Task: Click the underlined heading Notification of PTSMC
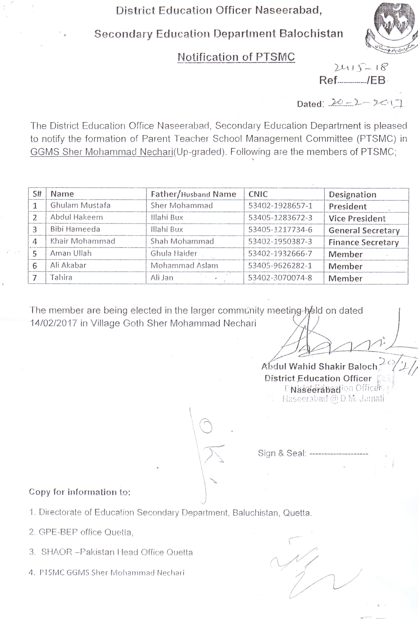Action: coord(236,57)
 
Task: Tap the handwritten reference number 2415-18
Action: coord(361,68)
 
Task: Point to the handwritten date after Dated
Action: coord(366,102)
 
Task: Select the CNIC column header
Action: coord(258,194)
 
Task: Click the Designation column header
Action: coord(352,194)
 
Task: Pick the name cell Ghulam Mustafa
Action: coord(80,205)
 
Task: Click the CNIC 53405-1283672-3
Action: coord(280,218)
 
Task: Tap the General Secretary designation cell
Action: coord(364,230)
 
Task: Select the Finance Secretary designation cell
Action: coord(363,242)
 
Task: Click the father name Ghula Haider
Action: coord(174,253)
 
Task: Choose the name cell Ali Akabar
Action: coord(68,265)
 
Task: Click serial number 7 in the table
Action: coord(35,278)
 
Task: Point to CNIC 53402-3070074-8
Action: coord(280,278)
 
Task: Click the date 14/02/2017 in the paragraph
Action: coord(54,323)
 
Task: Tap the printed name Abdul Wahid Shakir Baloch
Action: coord(319,366)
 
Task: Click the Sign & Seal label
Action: coord(282,453)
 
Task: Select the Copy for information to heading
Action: coord(80,492)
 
